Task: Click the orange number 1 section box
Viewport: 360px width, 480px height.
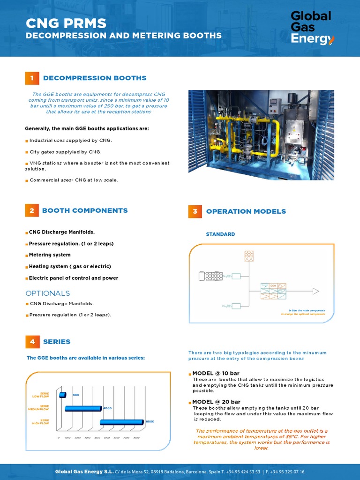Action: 31,78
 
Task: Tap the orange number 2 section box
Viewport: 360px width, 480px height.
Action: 31,210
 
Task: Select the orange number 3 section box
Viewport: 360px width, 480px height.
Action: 195,211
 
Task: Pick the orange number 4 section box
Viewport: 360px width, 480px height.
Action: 32,342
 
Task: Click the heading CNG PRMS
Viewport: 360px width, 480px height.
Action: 66,23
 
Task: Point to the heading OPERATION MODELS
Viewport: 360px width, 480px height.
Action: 246,211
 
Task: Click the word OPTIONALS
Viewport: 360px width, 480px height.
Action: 47,293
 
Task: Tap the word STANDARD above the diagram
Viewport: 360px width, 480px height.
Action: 220,234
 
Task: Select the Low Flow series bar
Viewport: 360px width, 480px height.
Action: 62,395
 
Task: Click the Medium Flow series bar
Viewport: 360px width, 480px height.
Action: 83,408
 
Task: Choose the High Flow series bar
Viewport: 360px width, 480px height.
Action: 121,422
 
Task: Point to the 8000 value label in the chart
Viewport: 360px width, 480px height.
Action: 150,422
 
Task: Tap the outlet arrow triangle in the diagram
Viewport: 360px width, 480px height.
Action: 315,292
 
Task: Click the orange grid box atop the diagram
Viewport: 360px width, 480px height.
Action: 248,256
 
